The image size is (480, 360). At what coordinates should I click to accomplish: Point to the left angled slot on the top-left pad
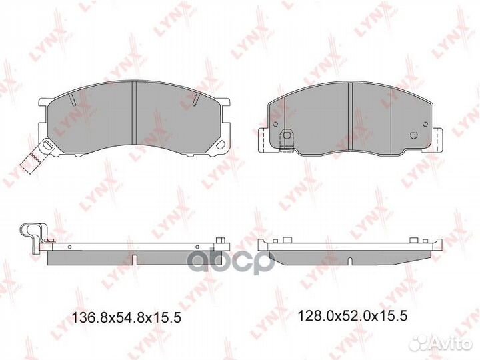72,101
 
